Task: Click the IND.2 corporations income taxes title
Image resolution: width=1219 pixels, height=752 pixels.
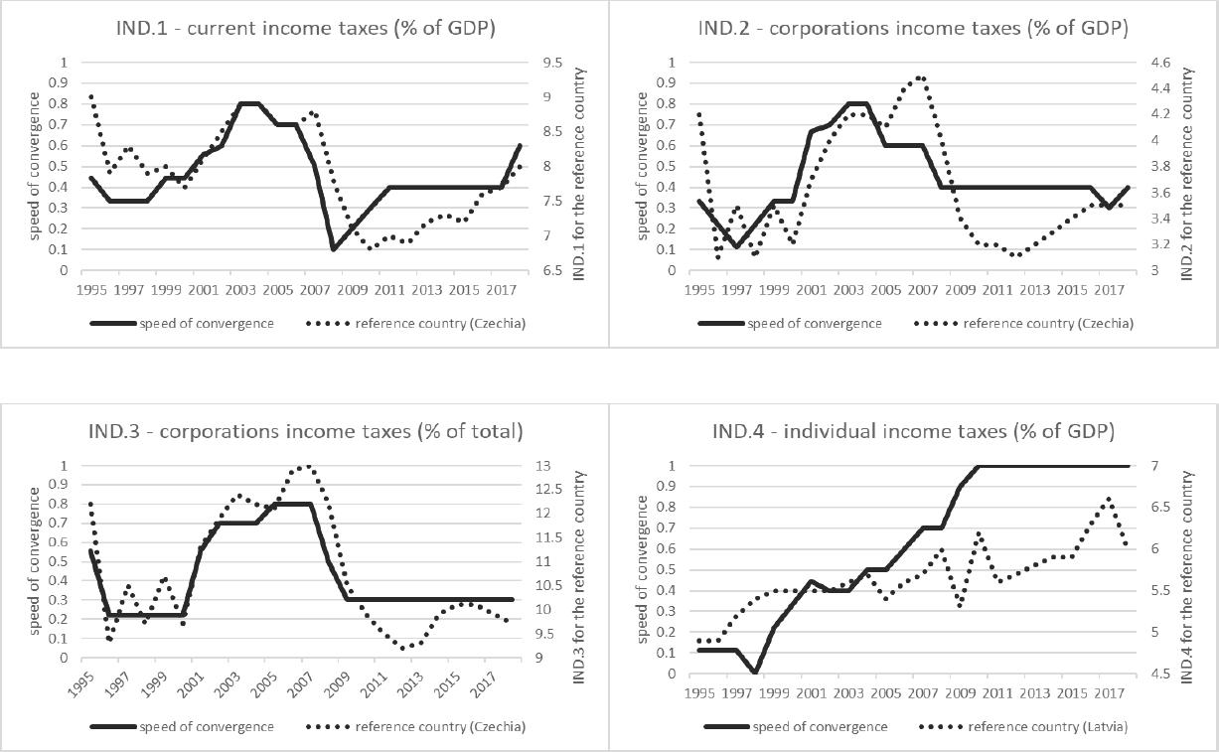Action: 912,29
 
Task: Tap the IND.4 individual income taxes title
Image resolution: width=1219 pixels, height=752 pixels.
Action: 912,432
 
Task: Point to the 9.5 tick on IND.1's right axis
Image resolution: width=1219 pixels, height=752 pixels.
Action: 554,62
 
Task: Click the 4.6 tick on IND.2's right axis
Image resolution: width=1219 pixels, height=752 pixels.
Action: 1160,62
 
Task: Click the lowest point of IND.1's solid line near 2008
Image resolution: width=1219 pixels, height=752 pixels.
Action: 333,249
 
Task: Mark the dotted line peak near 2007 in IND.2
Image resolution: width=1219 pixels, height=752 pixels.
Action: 920,77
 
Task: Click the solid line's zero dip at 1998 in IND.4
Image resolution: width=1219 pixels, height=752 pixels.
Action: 755,674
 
